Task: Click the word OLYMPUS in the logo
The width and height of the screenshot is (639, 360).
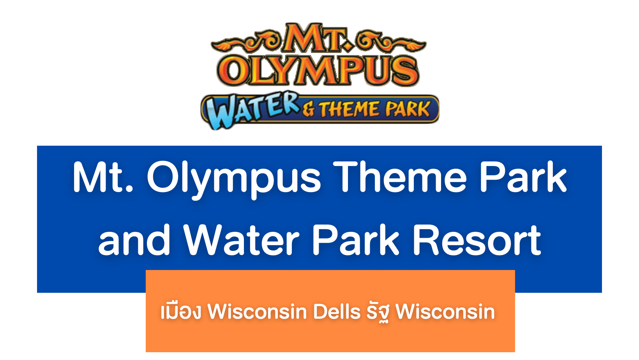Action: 318,70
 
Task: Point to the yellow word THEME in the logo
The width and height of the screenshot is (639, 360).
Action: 350,109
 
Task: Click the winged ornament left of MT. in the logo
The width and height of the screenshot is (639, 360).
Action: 246,41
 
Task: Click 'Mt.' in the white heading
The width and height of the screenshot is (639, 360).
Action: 103,177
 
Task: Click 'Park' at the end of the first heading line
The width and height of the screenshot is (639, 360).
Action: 523,176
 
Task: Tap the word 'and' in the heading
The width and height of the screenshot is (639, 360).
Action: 134,240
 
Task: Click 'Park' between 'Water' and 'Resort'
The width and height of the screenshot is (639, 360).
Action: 356,240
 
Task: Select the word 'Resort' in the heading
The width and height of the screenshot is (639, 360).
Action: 477,240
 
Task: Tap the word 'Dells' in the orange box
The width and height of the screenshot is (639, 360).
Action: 337,311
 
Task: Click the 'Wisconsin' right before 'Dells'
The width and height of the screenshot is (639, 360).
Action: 257,311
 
